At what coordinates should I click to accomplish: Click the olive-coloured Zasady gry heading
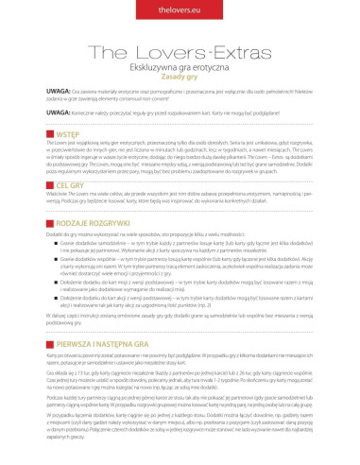click(180, 79)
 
